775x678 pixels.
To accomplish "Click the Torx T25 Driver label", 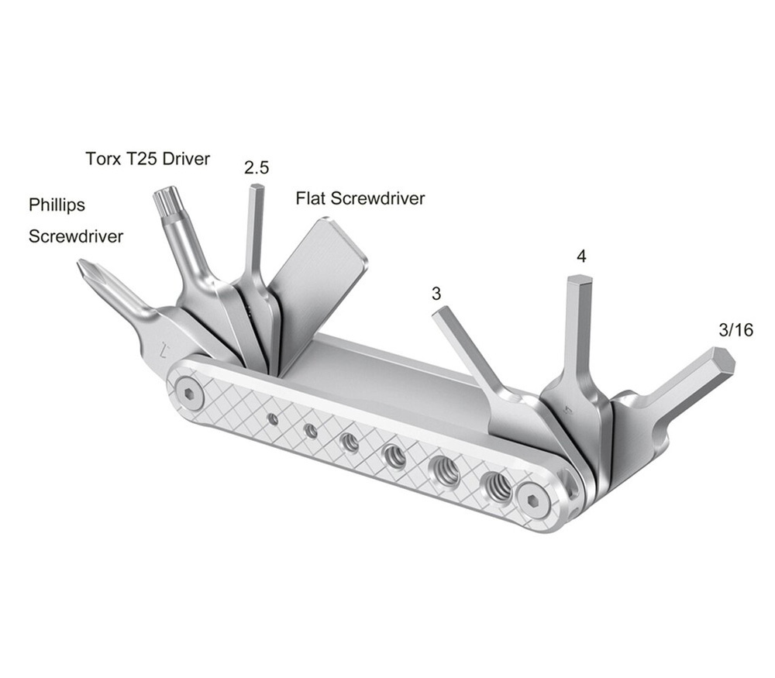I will click(x=147, y=160).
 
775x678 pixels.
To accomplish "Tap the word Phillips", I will click(x=57, y=205).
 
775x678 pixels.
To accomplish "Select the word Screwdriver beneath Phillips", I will click(x=76, y=236).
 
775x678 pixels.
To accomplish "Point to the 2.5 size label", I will click(x=256, y=167).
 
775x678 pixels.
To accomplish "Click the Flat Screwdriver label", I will click(x=360, y=198).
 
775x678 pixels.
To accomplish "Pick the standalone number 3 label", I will click(x=436, y=294).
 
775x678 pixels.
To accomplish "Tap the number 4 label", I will click(x=580, y=256).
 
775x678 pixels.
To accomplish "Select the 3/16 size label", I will click(x=735, y=330).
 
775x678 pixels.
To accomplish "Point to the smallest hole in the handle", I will click(x=273, y=419).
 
